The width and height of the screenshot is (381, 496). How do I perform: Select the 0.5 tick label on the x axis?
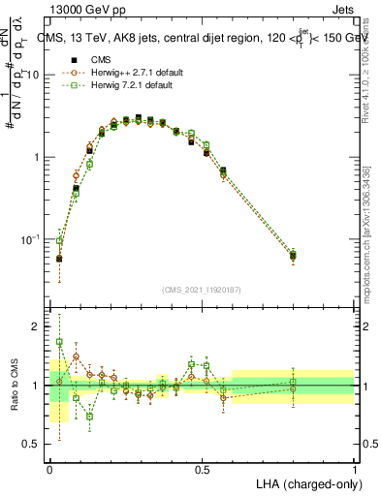(x=202, y=469)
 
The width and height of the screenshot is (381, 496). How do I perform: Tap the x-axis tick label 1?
(x=354, y=469)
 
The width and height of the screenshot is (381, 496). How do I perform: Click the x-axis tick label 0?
(x=49, y=469)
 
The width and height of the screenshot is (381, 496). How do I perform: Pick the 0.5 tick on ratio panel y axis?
(x=31, y=444)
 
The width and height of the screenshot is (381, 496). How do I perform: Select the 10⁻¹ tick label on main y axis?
(x=29, y=238)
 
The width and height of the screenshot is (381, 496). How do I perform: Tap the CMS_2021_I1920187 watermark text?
(x=202, y=289)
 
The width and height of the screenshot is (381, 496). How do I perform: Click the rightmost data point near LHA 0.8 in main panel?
(x=293, y=256)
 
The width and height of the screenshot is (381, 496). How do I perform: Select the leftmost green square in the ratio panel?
(x=59, y=342)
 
